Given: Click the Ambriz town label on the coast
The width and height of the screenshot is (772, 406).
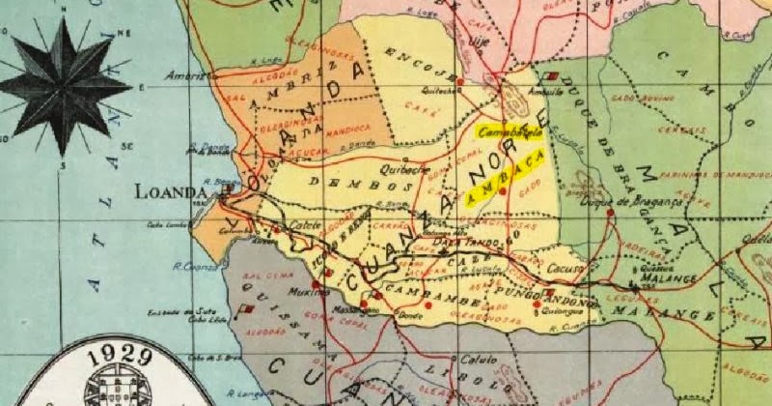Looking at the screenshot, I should click(186, 75).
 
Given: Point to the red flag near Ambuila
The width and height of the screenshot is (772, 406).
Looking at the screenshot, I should click(551, 74).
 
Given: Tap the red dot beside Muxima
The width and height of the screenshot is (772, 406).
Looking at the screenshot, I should click(328, 274).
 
